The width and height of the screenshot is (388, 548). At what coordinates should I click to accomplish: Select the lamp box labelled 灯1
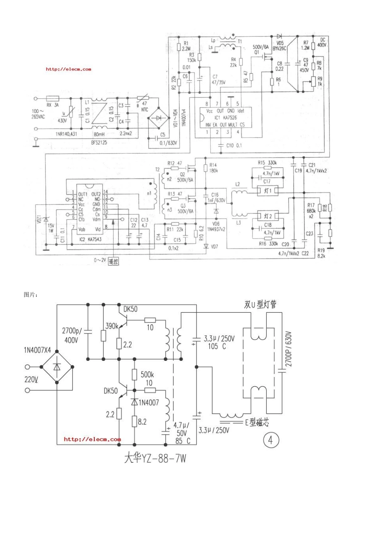click(x=268, y=191)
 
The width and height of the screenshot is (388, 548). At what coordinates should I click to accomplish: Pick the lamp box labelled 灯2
click(x=268, y=215)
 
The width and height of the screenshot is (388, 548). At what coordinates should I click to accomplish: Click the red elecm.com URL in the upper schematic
click(x=69, y=69)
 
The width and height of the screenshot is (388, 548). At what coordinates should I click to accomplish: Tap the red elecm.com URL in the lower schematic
click(x=92, y=439)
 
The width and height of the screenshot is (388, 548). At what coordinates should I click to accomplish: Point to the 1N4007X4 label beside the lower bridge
click(x=38, y=350)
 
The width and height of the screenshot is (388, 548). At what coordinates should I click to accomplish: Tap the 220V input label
click(x=31, y=380)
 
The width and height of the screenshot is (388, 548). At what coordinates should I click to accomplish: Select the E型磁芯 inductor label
click(x=257, y=423)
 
